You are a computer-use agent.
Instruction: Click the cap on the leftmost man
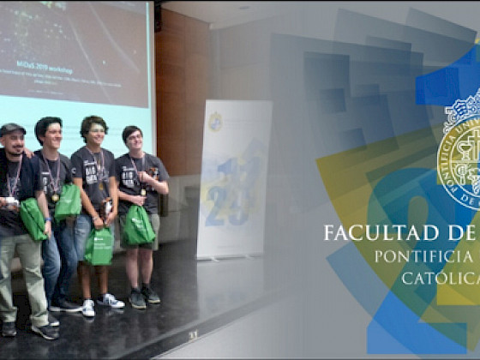13,129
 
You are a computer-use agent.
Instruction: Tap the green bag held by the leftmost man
33,219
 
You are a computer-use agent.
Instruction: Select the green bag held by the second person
68,201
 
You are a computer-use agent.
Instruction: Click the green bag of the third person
99,246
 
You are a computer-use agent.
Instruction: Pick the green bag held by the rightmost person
138,225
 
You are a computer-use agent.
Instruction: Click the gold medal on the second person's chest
55,197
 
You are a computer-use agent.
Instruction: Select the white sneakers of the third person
100,303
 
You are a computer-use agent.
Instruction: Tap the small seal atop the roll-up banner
215,121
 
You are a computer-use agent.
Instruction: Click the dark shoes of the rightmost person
143,297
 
